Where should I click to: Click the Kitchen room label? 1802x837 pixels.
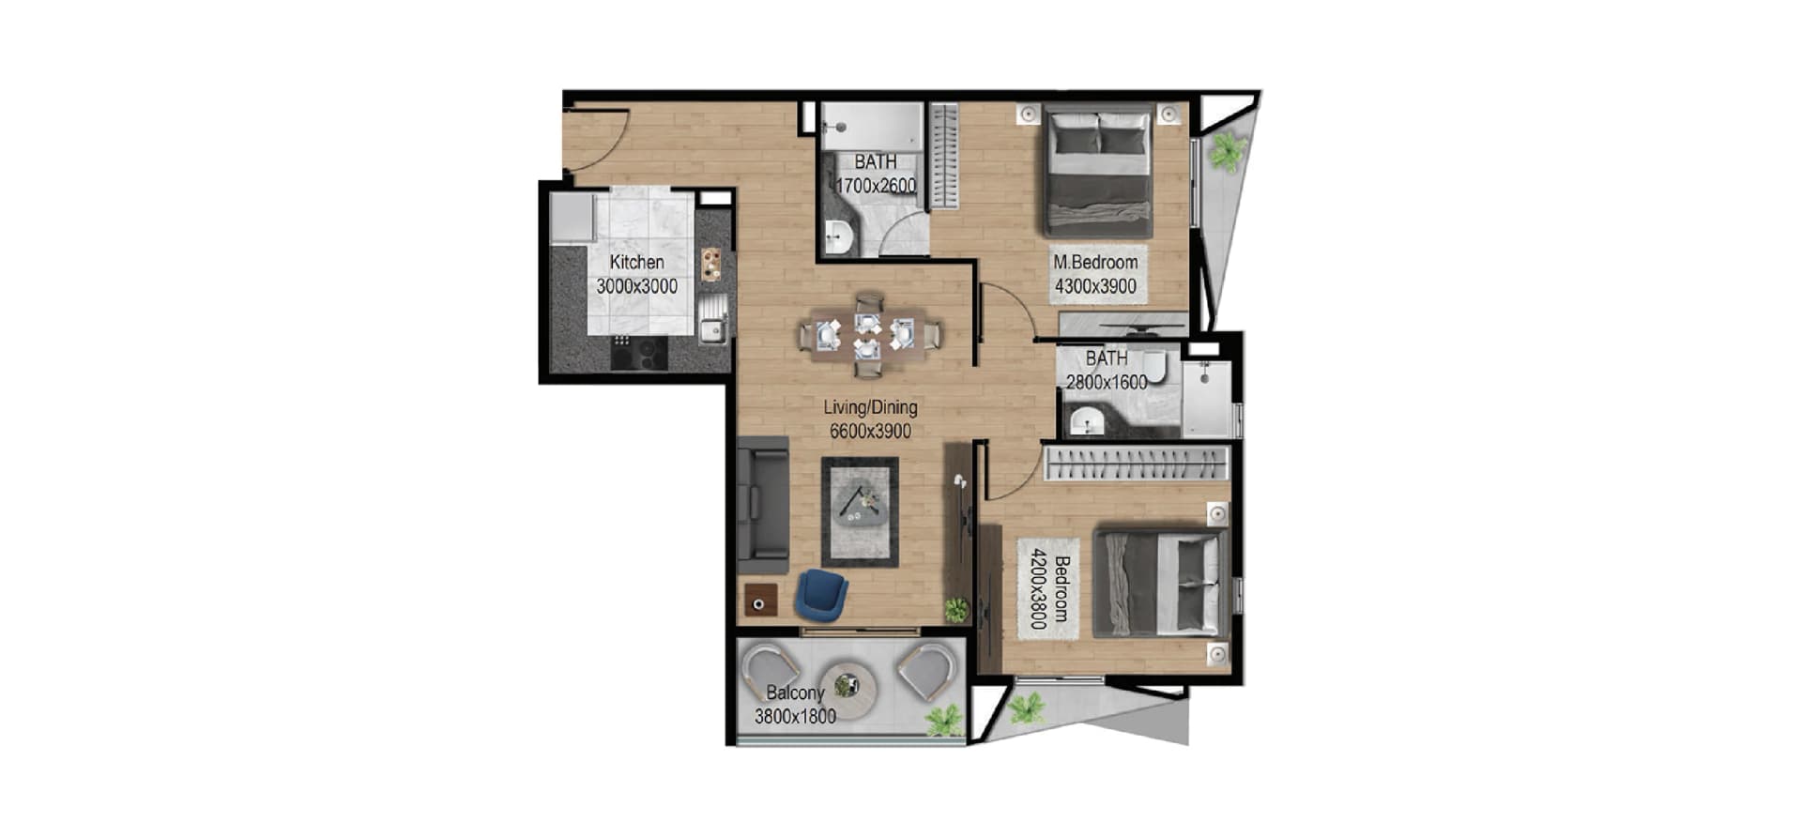[636, 263]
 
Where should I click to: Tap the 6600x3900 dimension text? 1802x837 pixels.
[870, 432]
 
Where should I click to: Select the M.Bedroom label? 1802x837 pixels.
[1095, 263]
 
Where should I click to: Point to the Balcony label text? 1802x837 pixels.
[795, 693]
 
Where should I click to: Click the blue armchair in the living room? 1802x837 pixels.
[821, 595]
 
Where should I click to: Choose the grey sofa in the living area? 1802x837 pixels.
[763, 505]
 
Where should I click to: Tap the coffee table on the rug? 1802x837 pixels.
[860, 510]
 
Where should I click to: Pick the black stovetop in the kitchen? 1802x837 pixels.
[639, 353]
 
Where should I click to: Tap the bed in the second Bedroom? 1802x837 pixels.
[1162, 583]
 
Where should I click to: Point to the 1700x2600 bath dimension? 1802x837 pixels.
[876, 186]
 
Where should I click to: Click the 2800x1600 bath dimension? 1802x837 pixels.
[1107, 382]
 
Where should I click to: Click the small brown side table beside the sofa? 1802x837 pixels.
[761, 600]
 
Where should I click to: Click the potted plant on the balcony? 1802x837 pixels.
[943, 720]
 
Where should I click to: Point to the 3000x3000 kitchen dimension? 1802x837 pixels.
[636, 286]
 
